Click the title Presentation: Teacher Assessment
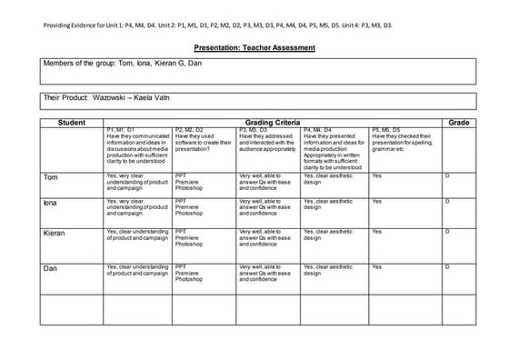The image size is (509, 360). (254, 47)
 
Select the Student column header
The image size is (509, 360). (71, 122)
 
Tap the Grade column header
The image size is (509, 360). (457, 122)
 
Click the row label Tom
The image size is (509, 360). (51, 176)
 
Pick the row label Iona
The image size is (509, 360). (51, 203)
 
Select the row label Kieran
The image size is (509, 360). (55, 234)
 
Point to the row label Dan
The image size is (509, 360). (51, 268)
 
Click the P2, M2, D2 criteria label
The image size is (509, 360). (189, 130)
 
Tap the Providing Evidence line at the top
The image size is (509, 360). (218, 25)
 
